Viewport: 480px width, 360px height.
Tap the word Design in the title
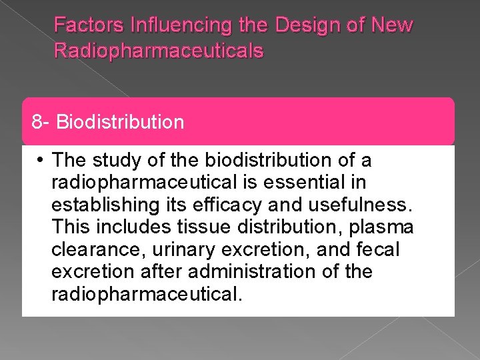coord(294,26)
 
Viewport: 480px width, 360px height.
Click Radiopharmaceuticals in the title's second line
coord(159,51)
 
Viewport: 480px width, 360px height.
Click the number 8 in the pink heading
coord(37,122)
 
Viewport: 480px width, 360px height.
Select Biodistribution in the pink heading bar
coord(120,122)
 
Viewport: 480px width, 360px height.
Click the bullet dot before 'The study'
coord(41,161)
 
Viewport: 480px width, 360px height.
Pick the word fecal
coord(377,250)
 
